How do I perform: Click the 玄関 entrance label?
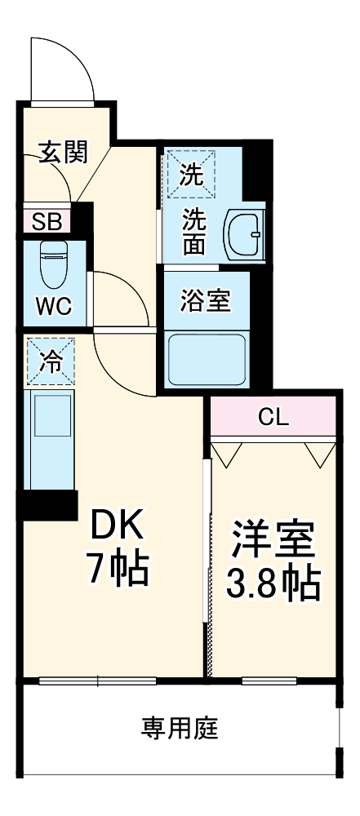(62, 153)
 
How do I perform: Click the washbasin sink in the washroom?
(245, 233)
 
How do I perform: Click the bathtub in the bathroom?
(207, 359)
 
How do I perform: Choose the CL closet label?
(273, 417)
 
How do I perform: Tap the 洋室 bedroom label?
(273, 540)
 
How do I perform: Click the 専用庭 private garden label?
(180, 727)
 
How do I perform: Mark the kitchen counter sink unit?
(51, 438)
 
